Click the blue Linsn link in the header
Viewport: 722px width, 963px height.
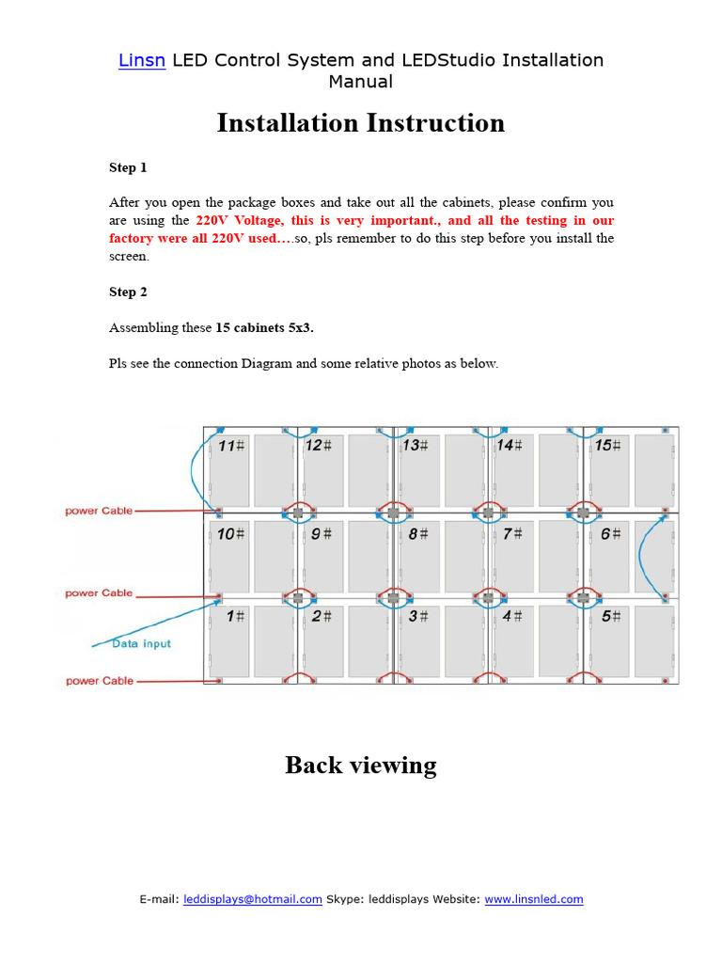click(x=142, y=60)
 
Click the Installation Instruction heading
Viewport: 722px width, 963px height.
click(x=360, y=123)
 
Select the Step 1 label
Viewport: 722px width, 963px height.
click(x=128, y=167)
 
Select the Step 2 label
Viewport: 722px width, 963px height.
click(x=128, y=292)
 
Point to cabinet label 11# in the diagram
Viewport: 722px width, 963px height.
click(x=231, y=446)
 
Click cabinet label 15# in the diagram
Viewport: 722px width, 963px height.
click(x=607, y=445)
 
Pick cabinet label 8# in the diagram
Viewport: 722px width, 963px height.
click(x=417, y=533)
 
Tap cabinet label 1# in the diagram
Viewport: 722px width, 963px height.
click(x=235, y=616)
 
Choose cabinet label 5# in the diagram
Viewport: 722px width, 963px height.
click(x=611, y=616)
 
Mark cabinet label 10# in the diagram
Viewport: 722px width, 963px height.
click(x=231, y=533)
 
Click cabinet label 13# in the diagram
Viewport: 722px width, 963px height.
click(x=416, y=445)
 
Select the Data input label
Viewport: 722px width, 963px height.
click(x=141, y=643)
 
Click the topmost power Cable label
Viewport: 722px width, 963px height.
click(x=99, y=511)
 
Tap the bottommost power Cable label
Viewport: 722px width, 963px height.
click(x=99, y=680)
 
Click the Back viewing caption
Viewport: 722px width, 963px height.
click(x=361, y=765)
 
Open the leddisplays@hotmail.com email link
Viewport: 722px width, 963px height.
click(x=253, y=899)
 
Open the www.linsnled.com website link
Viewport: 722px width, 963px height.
click(x=533, y=899)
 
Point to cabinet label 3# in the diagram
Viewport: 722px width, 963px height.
click(x=419, y=616)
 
